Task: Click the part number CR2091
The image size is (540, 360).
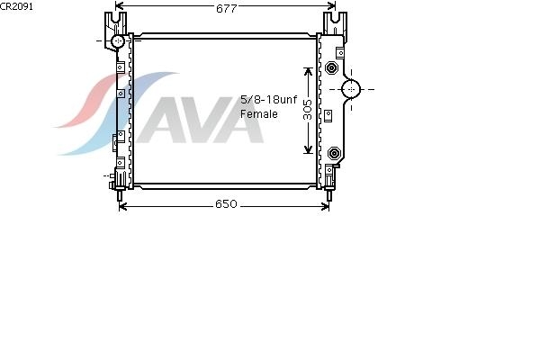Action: [16, 6]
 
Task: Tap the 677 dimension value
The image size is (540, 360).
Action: [226, 9]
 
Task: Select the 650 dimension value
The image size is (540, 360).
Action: [226, 204]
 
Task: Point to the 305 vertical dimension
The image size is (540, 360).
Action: [307, 110]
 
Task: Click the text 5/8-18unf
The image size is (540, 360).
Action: [268, 100]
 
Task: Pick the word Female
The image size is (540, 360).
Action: [259, 114]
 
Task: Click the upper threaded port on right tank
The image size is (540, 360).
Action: [331, 67]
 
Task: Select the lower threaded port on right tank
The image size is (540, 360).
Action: [334, 153]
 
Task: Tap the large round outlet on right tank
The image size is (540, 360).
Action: [351, 89]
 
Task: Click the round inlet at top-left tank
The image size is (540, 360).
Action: [118, 41]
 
